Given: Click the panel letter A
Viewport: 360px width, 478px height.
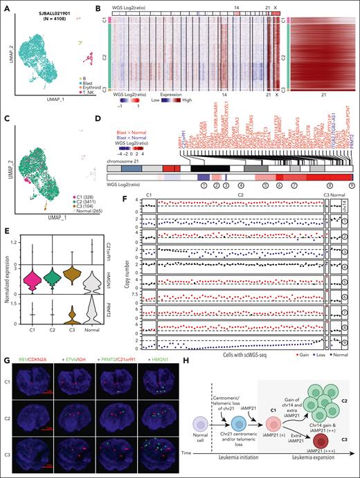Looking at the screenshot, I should [x=6, y=6].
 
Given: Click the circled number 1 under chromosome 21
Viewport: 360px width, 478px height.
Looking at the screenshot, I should [x=203, y=185].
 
